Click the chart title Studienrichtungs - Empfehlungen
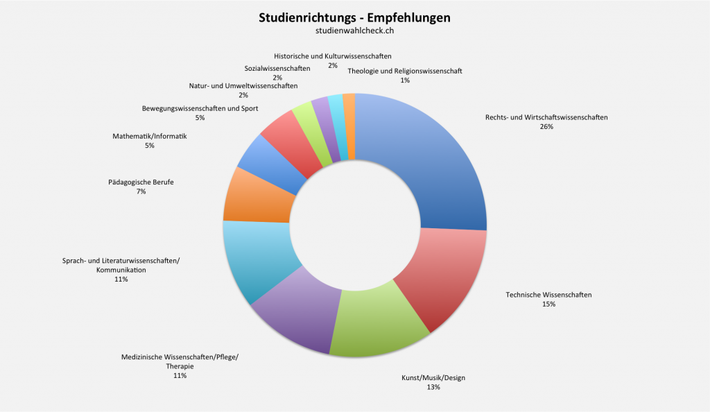pyautogui.click(x=354, y=17)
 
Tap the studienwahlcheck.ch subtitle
pyautogui.click(x=354, y=30)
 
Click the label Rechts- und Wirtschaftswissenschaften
pyautogui.click(x=546, y=117)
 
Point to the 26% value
pyautogui.click(x=546, y=127)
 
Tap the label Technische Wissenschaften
pyautogui.click(x=548, y=295)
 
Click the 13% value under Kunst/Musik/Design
pyautogui.click(x=433, y=387)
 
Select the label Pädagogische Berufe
pyautogui.click(x=141, y=182)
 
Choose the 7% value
pyautogui.click(x=141, y=191)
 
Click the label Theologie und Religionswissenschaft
pyautogui.click(x=405, y=71)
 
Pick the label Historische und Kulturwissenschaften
pyautogui.click(x=333, y=55)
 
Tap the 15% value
pyautogui.click(x=548, y=304)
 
